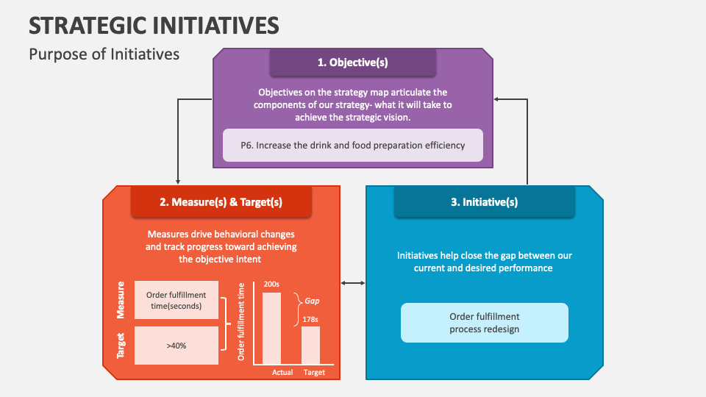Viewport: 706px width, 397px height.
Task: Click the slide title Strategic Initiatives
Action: pyautogui.click(x=154, y=25)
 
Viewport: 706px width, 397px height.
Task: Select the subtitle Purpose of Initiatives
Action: pyautogui.click(x=104, y=54)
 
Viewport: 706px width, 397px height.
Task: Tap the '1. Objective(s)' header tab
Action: pyautogui.click(x=352, y=62)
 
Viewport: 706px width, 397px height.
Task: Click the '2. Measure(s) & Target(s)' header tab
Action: pyautogui.click(x=221, y=202)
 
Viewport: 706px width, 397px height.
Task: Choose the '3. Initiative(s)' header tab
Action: pyautogui.click(x=484, y=202)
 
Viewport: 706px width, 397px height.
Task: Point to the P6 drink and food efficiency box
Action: pyautogui.click(x=353, y=146)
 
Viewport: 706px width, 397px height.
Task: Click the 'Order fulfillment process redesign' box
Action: pyautogui.click(x=485, y=323)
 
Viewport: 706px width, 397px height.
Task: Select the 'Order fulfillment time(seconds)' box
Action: pyautogui.click(x=176, y=300)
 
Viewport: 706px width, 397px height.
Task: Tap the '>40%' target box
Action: pyautogui.click(x=176, y=345)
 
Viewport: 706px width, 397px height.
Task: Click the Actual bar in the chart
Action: pyautogui.click(x=272, y=328)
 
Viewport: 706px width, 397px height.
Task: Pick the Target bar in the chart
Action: pyautogui.click(x=311, y=345)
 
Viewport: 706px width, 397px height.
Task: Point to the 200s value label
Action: pyautogui.click(x=272, y=285)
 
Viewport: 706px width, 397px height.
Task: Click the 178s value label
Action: pyautogui.click(x=310, y=319)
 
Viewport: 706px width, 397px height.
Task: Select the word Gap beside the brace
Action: pyautogui.click(x=313, y=301)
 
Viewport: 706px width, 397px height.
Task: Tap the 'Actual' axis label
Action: pyautogui.click(x=282, y=372)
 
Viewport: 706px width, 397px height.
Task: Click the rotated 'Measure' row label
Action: pyautogui.click(x=121, y=300)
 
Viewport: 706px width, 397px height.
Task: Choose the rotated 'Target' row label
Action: pyautogui.click(x=121, y=345)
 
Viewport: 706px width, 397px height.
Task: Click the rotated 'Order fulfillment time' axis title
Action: pyautogui.click(x=241, y=321)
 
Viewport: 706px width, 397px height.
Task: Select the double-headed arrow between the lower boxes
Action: pyautogui.click(x=353, y=283)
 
